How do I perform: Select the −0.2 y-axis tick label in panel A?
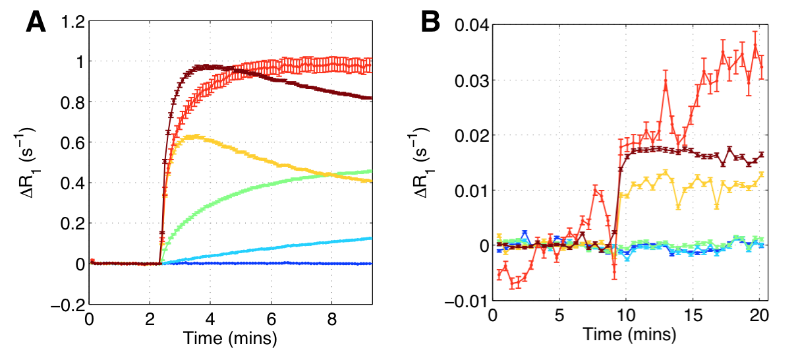pos(65,305)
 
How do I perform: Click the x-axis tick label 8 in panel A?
pos(331,318)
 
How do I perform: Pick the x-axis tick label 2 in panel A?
pos(150,318)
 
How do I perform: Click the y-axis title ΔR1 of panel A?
pos(29,164)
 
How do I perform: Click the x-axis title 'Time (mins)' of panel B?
pos(629,336)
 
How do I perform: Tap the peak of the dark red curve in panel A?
pos(206,66)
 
